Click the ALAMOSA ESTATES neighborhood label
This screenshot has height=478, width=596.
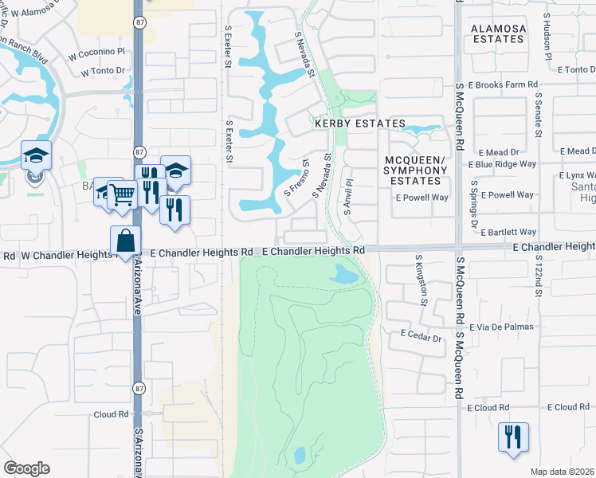(x=499, y=33)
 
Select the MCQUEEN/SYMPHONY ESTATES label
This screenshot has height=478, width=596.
(x=415, y=170)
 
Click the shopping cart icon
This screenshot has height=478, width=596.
(x=121, y=193)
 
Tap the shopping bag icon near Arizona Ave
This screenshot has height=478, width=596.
(x=126, y=240)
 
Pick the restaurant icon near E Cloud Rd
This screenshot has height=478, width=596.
(x=511, y=437)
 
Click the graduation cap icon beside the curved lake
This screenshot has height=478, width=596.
(x=36, y=155)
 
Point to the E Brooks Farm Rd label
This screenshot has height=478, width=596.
(x=504, y=84)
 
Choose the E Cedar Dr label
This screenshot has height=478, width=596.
(x=422, y=338)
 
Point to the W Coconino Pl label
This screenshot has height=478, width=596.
(x=97, y=53)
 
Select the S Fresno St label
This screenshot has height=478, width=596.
(x=297, y=179)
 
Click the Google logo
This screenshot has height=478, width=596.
(x=26, y=468)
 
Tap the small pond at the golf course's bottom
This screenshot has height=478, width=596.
(x=300, y=455)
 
